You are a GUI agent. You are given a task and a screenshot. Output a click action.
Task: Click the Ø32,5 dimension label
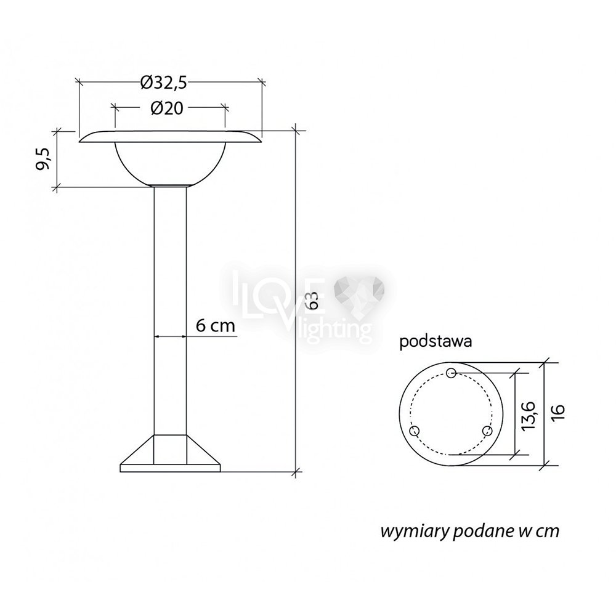pos(163,83)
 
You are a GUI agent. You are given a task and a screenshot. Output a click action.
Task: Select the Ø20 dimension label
pos(167,108)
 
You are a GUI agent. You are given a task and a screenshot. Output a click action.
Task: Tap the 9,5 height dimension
pos(44,159)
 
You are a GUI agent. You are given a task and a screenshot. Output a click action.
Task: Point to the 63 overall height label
pos(313,300)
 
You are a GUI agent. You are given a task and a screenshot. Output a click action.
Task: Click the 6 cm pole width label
pos(215,325)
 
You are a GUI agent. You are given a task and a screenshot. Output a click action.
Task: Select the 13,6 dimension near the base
pos(529,415)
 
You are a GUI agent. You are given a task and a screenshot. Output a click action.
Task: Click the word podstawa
pos(436,341)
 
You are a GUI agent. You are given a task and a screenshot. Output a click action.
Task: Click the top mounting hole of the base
pos(452,373)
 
